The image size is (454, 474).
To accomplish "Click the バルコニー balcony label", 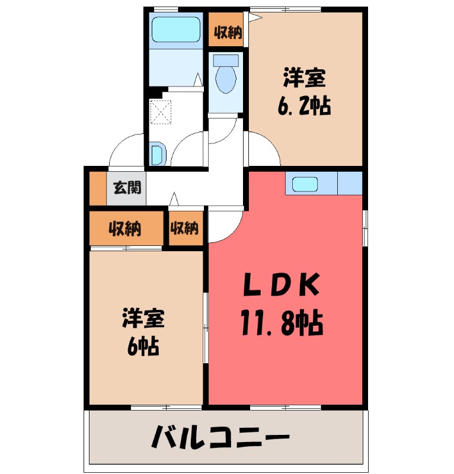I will coord(220,439).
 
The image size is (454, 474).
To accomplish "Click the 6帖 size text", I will coord(143,347).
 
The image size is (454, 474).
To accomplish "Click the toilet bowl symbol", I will coord(225,79).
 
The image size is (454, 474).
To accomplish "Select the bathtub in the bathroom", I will coord(175,29).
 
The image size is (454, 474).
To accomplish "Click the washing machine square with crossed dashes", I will coord(160,111).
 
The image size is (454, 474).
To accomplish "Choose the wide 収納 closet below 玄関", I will coord(125,228).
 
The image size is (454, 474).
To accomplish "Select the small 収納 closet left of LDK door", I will coord(185,228).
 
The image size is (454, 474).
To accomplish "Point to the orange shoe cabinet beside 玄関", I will coord(97,188).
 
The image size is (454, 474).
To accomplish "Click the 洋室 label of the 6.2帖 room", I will coord(304,78).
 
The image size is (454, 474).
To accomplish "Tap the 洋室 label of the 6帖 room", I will coord(143,319).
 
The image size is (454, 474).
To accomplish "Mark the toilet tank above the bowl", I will coord(225,60).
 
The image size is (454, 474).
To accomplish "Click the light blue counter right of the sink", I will coord(349,184).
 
